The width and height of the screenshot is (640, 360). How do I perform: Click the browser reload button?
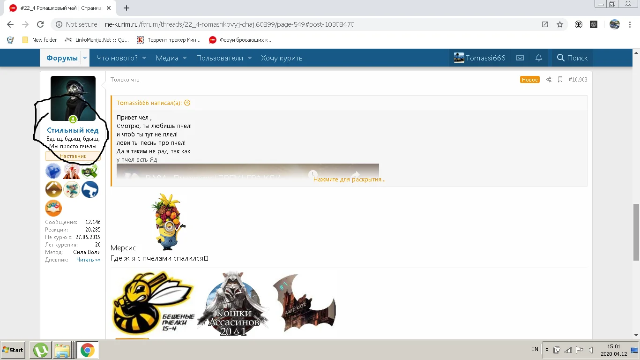coord(40,24)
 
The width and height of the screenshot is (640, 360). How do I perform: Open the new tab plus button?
coord(127,8)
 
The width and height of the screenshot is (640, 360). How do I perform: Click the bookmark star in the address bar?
coord(559,24)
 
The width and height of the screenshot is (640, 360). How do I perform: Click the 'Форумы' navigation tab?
coord(62,58)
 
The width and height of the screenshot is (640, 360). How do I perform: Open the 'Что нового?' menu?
coord(117,58)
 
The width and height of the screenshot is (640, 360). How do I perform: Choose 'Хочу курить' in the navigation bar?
coord(282,58)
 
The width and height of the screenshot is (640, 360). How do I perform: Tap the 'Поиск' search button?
coord(572,58)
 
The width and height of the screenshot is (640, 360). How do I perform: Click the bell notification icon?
coord(539,58)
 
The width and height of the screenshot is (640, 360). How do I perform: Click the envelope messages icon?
coord(520,58)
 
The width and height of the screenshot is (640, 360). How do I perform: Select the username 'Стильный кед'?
coord(73,130)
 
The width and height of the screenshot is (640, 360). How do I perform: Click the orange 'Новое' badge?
coord(529,80)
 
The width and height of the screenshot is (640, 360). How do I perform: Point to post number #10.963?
coord(578,80)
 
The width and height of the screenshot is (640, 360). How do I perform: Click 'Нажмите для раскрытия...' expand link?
coord(349,179)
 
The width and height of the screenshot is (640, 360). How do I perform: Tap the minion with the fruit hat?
coord(168,222)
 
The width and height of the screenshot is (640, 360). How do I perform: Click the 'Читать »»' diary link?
coord(88,260)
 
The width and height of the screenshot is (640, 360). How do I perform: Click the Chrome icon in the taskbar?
coord(87,350)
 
